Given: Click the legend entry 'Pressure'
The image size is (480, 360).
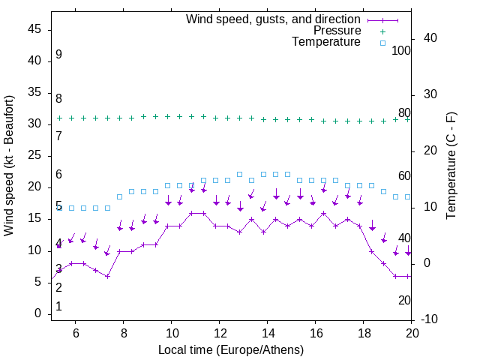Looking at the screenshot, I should coord(337,31).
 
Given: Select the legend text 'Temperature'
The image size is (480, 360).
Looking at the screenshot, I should coord(326,42).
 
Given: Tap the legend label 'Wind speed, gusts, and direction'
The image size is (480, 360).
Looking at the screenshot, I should coord(274,19).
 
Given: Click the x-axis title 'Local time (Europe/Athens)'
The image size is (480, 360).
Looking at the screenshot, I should coord(231,350).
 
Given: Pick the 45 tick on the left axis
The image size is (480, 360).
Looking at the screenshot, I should coord(34,29).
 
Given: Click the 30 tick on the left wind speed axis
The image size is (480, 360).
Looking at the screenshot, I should coord(34,124).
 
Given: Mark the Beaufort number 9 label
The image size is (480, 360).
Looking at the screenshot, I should coord(58,55).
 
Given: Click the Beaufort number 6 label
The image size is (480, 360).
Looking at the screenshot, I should coord(58,175).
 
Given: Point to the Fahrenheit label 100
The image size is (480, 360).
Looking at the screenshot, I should coord(401,51).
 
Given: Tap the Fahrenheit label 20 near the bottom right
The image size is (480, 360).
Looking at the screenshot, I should coord(404,300).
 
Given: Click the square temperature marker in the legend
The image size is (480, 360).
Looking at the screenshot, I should coord(382,43).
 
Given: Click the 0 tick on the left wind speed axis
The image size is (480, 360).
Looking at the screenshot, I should coord(37,313).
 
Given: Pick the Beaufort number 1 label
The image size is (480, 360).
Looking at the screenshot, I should coord(58,307).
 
